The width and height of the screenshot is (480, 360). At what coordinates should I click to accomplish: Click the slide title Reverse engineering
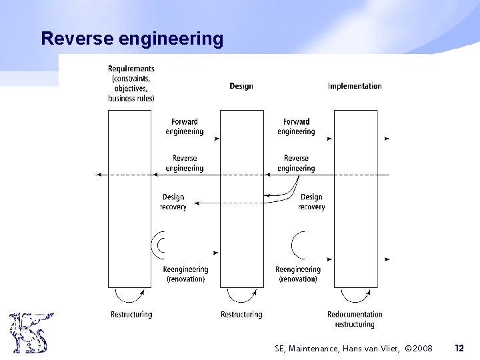coord(132,39)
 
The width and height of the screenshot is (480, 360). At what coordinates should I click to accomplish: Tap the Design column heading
coord(241,86)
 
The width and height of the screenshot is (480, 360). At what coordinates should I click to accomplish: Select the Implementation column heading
coord(355,86)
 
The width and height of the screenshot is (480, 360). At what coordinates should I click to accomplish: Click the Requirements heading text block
coord(131,83)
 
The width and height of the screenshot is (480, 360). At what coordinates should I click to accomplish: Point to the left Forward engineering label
coord(185,127)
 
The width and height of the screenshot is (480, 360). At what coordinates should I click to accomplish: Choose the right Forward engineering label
coord(296,127)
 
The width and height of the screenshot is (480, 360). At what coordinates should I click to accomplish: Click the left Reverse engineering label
coord(185,163)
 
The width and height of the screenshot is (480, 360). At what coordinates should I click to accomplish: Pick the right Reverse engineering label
coord(296,163)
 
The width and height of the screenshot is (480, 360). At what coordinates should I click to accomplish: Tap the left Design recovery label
coord(173,202)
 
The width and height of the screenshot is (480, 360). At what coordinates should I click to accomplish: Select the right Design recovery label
coord(311,202)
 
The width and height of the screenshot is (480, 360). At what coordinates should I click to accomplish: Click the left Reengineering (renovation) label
coord(185,274)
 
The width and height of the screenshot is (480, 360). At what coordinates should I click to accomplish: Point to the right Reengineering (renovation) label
coord(297,274)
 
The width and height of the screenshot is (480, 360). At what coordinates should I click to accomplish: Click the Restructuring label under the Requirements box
coord(131,314)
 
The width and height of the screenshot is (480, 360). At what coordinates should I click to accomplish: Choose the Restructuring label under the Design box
coord(241,314)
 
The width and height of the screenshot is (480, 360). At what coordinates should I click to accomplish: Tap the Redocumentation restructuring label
coord(355,319)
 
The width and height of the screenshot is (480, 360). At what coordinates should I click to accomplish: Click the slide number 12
coord(459,347)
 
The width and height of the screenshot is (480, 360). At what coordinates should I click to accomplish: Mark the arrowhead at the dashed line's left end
coord(99,173)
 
